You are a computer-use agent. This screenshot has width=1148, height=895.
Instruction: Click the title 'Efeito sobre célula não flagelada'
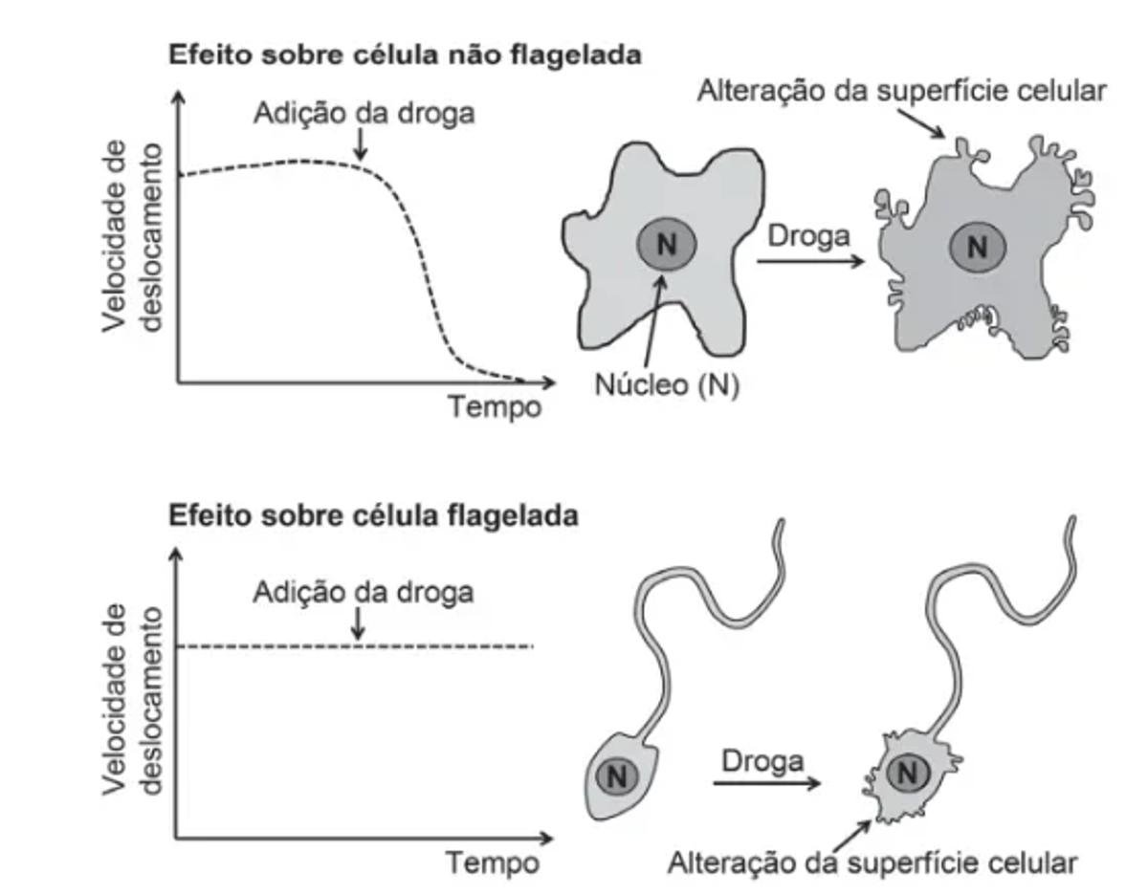404,55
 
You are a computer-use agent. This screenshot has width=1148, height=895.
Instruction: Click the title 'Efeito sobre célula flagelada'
373,516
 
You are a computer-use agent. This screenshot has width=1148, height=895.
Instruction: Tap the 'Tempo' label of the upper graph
496,407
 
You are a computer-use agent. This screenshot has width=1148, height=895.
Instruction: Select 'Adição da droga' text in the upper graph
364,113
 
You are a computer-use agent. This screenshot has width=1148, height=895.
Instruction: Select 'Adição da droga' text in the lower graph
364,592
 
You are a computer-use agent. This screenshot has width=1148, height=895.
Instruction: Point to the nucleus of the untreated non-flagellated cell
667,246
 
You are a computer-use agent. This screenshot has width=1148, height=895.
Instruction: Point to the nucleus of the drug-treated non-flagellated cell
977,249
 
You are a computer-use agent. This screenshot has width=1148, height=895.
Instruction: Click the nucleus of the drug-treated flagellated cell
910,773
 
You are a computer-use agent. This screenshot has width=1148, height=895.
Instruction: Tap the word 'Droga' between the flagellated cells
762,761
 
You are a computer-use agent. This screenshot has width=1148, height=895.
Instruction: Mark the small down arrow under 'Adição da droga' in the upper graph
359,145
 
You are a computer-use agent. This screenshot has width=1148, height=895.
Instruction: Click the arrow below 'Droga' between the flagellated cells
765,784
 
